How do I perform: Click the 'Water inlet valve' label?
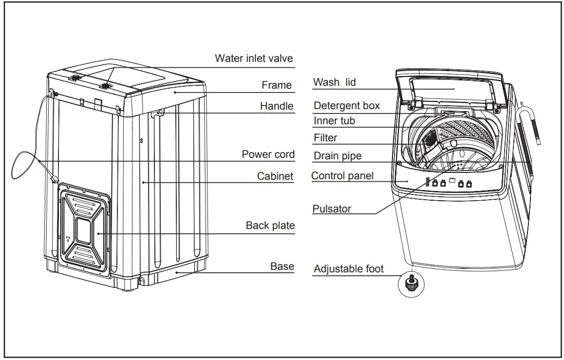pyautogui.click(x=254, y=58)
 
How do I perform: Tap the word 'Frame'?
pyautogui.click(x=277, y=85)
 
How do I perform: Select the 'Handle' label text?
pyautogui.click(x=277, y=106)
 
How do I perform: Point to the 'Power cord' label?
pyautogui.click(x=268, y=154)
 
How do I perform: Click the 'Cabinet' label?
pyautogui.click(x=275, y=176)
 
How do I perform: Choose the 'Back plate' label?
pyautogui.click(x=270, y=226)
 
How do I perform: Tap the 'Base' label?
pyautogui.click(x=282, y=266)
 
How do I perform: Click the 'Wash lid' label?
pyautogui.click(x=334, y=82)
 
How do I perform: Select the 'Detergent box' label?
pyautogui.click(x=346, y=106)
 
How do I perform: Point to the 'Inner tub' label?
pyautogui.click(x=334, y=120)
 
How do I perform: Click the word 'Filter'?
pyautogui.click(x=325, y=138)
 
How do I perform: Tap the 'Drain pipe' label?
pyautogui.click(x=338, y=156)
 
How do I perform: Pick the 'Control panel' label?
pyautogui.click(x=342, y=176)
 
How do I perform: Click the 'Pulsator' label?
pyautogui.click(x=331, y=209)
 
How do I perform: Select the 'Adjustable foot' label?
pyautogui.click(x=348, y=268)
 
